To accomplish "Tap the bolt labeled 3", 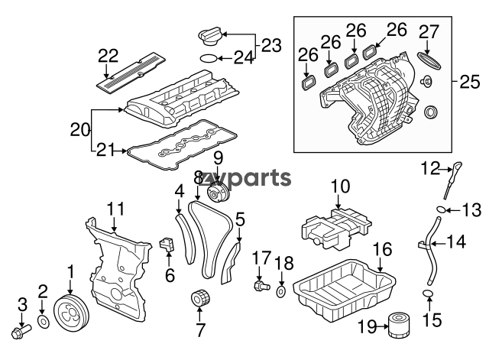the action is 21,331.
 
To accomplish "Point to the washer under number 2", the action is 44,323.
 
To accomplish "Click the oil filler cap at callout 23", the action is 210,37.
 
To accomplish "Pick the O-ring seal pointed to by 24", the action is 209,58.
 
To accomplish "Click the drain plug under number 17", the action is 261,286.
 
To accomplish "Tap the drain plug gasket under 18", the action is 280,293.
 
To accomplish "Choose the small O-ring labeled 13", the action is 440,209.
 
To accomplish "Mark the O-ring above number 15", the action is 428,293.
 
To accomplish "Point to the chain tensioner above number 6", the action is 167,244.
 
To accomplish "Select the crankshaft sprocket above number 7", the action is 200,298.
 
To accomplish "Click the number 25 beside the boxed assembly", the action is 469,82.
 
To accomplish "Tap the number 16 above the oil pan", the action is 382,249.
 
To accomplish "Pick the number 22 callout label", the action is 108,56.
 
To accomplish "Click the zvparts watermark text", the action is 247,178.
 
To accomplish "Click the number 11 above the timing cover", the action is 115,209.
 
